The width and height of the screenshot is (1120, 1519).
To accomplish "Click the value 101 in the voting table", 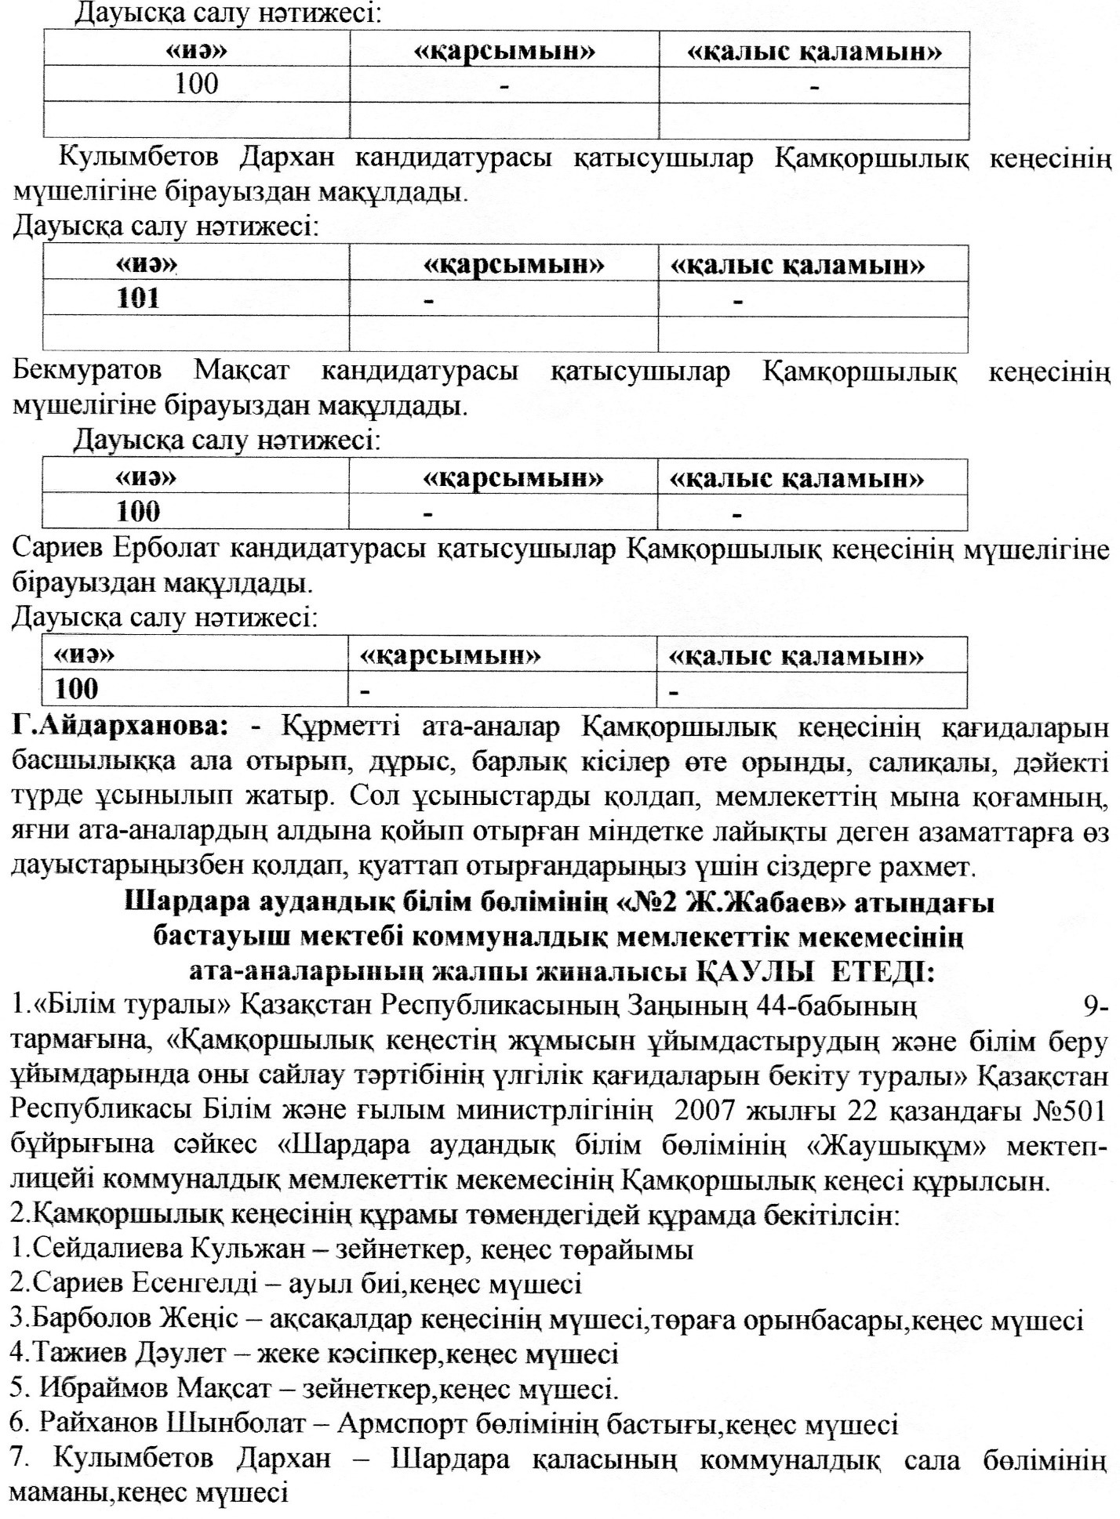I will (138, 299).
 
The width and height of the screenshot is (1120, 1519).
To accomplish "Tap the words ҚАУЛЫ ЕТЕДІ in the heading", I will (816, 973).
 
